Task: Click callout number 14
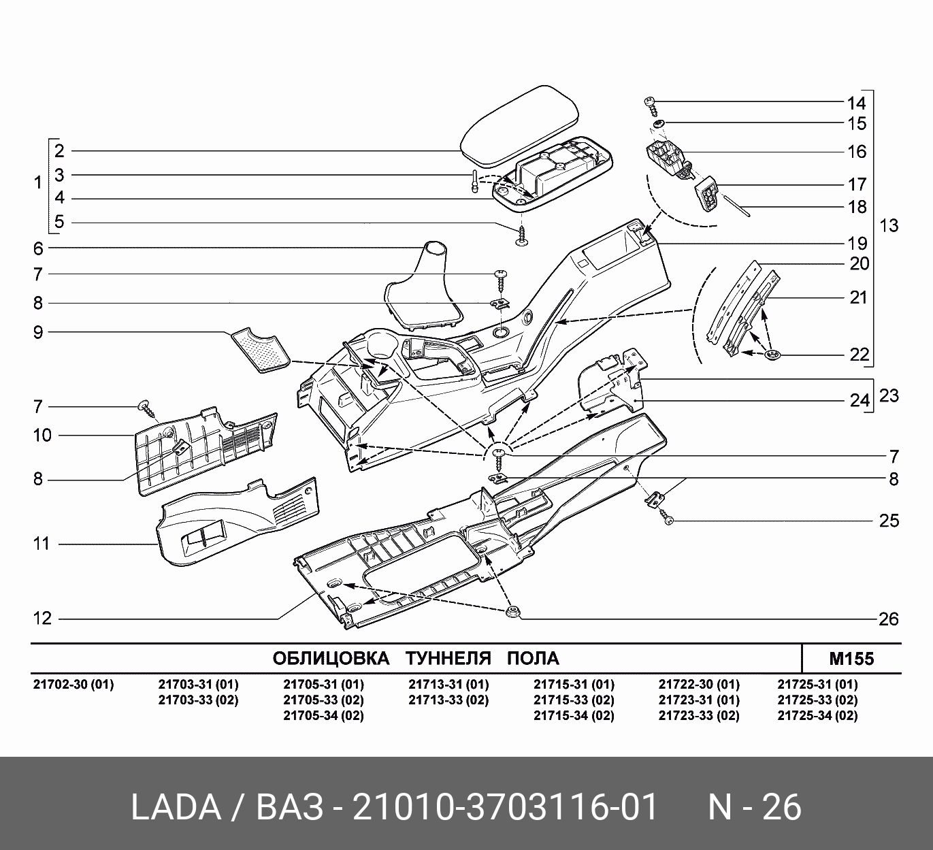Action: (x=856, y=102)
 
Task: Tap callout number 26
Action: (x=888, y=619)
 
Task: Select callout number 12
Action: (x=42, y=619)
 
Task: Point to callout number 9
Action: (x=38, y=332)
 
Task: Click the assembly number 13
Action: (x=889, y=226)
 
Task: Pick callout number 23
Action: (x=889, y=396)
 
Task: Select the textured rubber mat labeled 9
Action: (x=261, y=350)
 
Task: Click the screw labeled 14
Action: (x=652, y=107)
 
